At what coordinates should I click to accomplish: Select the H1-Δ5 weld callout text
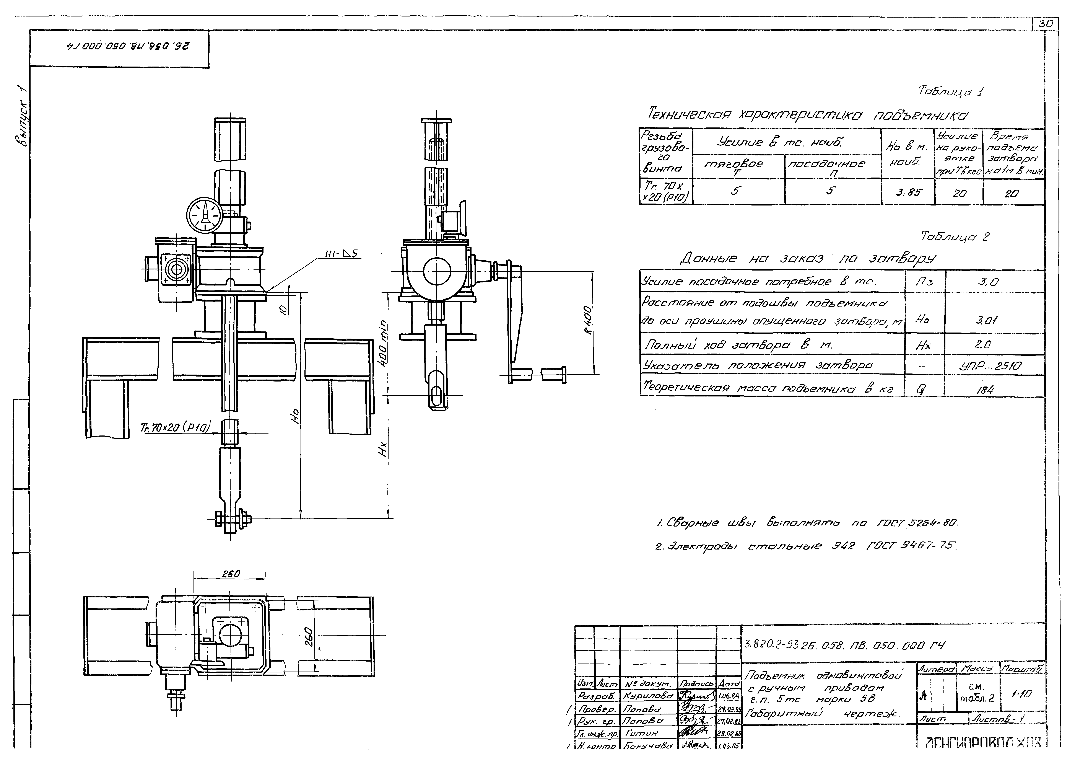tap(341, 254)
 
